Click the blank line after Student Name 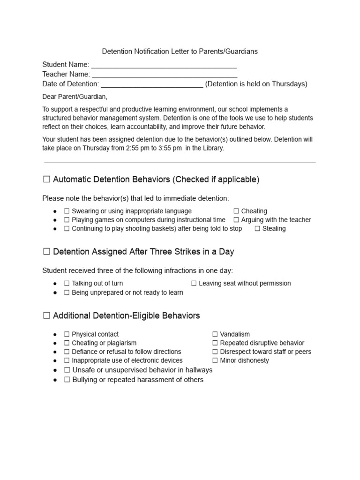(x=164, y=65)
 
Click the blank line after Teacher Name (x=165, y=75)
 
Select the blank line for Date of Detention (x=152, y=84)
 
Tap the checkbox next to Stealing (x=257, y=229)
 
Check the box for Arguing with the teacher (x=236, y=220)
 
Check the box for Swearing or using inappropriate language (x=67, y=211)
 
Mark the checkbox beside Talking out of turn (x=67, y=284)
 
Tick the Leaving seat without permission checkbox (x=194, y=284)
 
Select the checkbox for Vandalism (x=215, y=334)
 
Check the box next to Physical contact (x=67, y=334)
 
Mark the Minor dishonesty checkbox (x=215, y=360)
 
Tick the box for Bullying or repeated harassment (x=67, y=380)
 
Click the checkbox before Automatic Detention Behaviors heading (x=46, y=180)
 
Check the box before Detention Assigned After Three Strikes (x=46, y=252)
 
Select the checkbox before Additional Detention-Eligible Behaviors (x=46, y=315)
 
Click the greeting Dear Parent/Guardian (x=75, y=97)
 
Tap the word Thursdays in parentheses (x=289, y=84)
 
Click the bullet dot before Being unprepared (x=55, y=292)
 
